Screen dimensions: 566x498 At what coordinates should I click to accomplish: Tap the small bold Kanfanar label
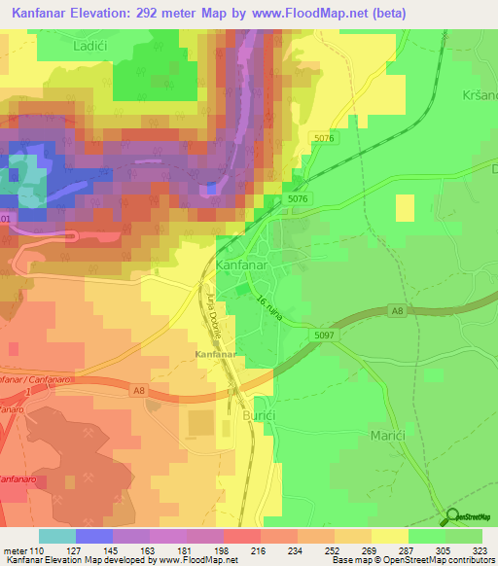(216, 355)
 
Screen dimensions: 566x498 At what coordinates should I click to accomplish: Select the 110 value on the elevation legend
(37, 550)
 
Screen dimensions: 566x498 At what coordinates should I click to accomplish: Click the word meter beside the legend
(13, 550)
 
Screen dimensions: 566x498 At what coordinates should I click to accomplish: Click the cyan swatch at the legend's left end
(56, 536)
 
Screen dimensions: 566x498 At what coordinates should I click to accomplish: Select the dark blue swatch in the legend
(93, 536)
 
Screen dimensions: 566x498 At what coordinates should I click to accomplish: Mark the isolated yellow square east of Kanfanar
(405, 207)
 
